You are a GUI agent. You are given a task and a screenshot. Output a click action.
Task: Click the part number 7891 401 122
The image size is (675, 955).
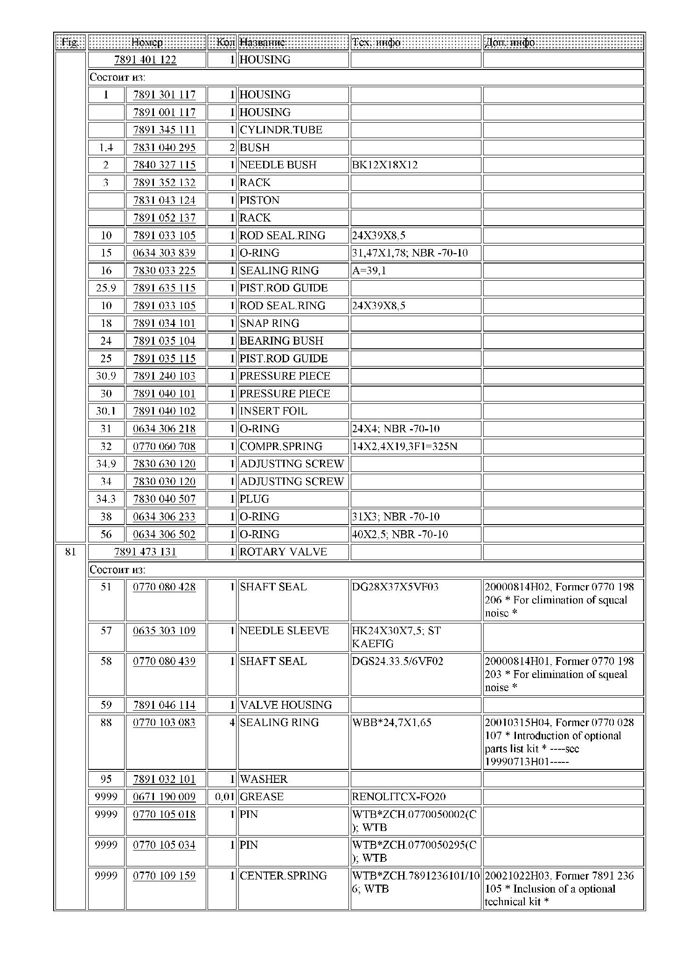pyautogui.click(x=146, y=60)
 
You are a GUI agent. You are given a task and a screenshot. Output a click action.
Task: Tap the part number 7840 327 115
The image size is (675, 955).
pyautogui.click(x=164, y=165)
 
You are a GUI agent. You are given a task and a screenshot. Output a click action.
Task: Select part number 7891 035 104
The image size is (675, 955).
pyautogui.click(x=164, y=341)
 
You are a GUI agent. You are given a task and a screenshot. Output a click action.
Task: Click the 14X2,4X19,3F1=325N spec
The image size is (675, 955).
pyautogui.click(x=404, y=446)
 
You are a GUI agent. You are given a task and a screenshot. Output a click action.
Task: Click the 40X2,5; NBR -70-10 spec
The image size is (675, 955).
pyautogui.click(x=400, y=534)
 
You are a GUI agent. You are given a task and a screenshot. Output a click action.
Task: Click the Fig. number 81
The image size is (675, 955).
pyautogui.click(x=70, y=552)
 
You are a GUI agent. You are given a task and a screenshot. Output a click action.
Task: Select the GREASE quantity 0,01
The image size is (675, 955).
pyautogui.click(x=224, y=796)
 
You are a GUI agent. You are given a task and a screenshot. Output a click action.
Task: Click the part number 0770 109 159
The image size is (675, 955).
pyautogui.click(x=164, y=875)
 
